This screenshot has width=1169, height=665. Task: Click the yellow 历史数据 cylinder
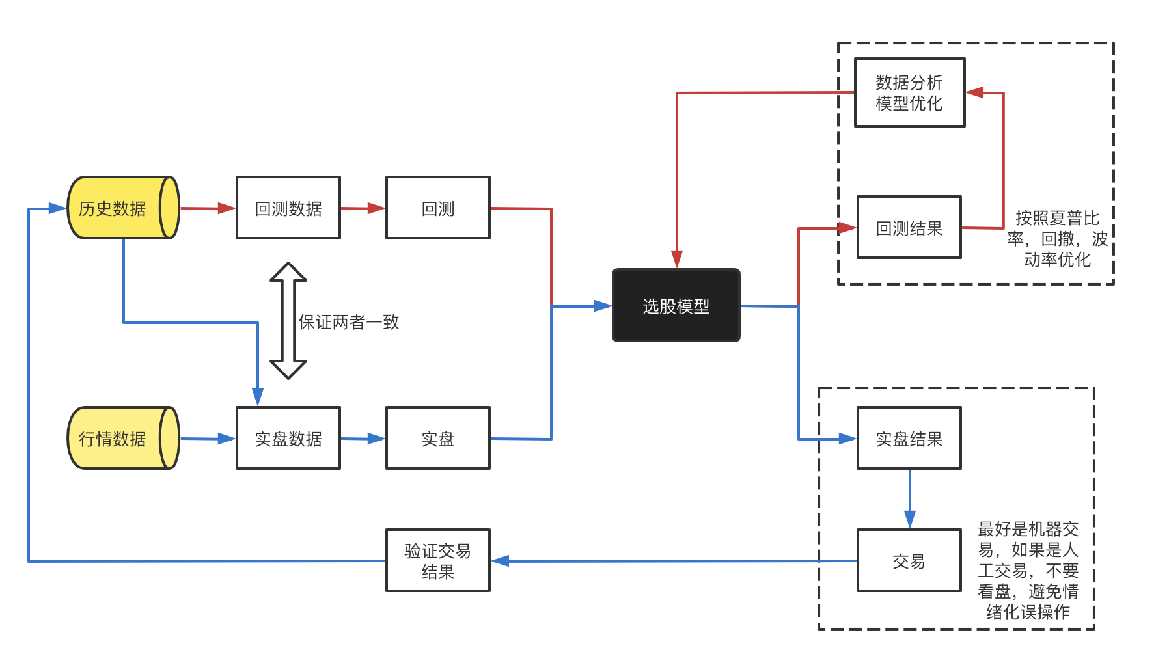point(122,208)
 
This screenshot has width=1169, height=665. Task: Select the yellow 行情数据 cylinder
point(122,438)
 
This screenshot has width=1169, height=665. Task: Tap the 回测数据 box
point(288,208)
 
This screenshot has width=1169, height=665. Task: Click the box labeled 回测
point(437,208)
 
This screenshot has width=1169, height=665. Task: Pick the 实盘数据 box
point(288,438)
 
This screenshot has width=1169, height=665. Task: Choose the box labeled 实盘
point(437,438)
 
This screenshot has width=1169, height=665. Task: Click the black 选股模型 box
point(676,305)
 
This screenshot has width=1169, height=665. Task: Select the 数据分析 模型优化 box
point(909,92)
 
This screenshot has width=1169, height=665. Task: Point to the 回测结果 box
point(909,228)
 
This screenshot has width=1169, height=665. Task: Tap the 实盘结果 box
point(909,438)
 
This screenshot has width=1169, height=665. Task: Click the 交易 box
point(909,560)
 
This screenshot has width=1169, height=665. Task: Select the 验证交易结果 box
point(437,560)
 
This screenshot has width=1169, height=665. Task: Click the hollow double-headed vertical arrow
point(288,320)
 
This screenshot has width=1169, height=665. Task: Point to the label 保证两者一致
point(348,321)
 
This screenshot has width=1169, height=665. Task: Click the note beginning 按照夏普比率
point(1056,238)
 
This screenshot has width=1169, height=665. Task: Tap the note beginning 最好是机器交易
point(1028,570)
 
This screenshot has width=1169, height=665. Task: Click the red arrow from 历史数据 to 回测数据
point(206,208)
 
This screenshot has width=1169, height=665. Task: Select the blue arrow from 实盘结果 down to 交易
point(909,498)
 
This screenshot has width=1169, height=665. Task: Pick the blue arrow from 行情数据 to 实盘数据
point(206,439)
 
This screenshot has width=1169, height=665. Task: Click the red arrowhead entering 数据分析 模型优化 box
point(974,92)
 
